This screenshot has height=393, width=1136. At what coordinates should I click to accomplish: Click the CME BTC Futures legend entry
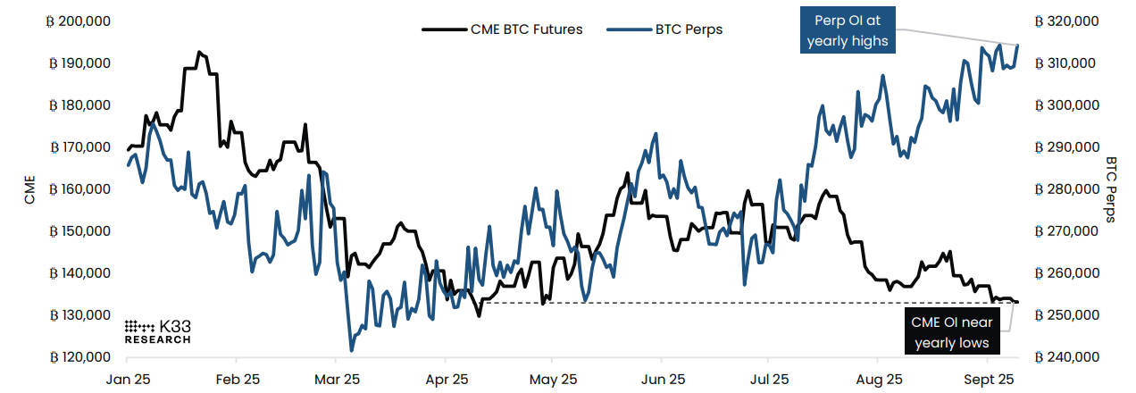[x=502, y=29]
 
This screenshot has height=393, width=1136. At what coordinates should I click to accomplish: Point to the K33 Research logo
[x=157, y=330]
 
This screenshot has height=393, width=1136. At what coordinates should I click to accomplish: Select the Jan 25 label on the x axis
[x=129, y=378]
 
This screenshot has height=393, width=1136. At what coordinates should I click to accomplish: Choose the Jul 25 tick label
[x=768, y=378]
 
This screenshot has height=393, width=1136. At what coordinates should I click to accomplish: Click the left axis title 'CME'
[x=29, y=188]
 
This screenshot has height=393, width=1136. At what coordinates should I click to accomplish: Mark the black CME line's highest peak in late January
[x=198, y=52]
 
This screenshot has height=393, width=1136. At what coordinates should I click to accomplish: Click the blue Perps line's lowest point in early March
[x=351, y=350]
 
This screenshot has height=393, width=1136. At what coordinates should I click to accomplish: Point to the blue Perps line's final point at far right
[x=1017, y=46]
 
